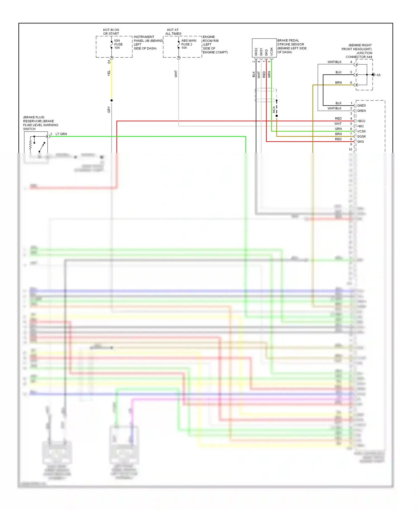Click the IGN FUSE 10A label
click(118, 44)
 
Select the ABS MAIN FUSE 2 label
click(189, 44)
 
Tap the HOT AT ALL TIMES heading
click(173, 32)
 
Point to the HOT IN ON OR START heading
click(111, 32)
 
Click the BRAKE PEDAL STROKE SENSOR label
click(291, 46)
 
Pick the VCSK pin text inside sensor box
click(272, 52)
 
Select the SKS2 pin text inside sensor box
click(256, 52)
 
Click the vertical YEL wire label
click(109, 73)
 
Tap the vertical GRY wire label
click(109, 109)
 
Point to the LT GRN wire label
click(61, 134)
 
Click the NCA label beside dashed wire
click(274, 109)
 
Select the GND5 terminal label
click(361, 105)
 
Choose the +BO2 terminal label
click(361, 121)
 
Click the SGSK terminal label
click(361, 136)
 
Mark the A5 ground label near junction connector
click(378, 75)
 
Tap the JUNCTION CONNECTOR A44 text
click(359, 55)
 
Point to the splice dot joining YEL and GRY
click(111, 100)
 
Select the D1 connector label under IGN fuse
click(109, 62)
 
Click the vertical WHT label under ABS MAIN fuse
click(176, 74)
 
